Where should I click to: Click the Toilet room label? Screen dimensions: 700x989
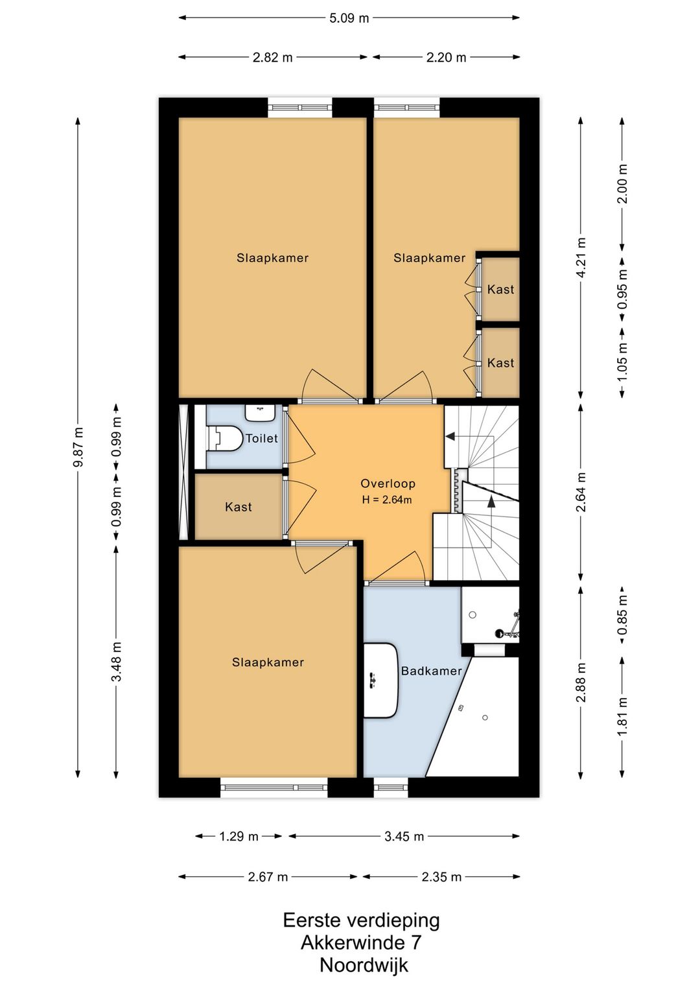pyautogui.click(x=261, y=438)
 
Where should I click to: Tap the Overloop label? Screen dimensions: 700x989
pyautogui.click(x=388, y=483)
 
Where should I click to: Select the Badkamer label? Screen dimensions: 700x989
pyautogui.click(x=432, y=671)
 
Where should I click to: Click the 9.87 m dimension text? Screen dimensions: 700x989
pyautogui.click(x=78, y=448)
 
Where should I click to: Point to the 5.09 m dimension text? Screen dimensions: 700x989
pyautogui.click(x=349, y=19)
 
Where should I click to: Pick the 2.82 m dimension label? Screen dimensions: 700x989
pyautogui.click(x=272, y=58)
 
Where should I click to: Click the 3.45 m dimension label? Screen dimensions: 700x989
pyautogui.click(x=404, y=836)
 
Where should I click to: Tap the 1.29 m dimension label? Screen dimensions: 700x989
pyautogui.click(x=239, y=836)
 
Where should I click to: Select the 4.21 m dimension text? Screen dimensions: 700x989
pyautogui.click(x=581, y=258)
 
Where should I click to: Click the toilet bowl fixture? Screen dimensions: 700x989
pyautogui.click(x=226, y=439)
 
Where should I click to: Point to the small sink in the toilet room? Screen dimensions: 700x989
pyautogui.click(x=261, y=413)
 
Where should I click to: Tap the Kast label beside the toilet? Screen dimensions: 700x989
pyautogui.click(x=239, y=507)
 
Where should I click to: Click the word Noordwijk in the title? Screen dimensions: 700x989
pyautogui.click(x=364, y=965)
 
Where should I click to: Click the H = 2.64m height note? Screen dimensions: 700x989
pyautogui.click(x=387, y=500)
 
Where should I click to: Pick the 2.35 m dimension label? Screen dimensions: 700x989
pyautogui.click(x=441, y=876)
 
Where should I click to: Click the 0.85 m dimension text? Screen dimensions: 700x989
pyautogui.click(x=623, y=614)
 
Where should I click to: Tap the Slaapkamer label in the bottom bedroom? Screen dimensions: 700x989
pyautogui.click(x=268, y=662)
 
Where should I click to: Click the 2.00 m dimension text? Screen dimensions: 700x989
pyautogui.click(x=623, y=183)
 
